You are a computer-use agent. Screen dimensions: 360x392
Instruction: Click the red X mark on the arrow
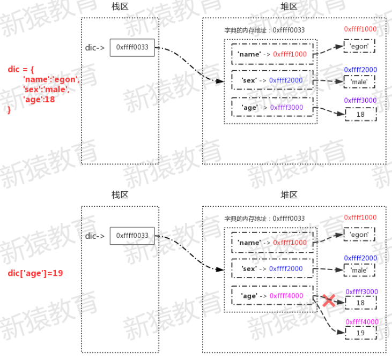pos(329,301)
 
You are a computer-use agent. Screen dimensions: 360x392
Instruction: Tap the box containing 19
pos(360,333)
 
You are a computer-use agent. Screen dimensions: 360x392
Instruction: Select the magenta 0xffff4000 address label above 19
pos(361,321)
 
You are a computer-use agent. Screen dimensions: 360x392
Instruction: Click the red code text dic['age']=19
pos(35,273)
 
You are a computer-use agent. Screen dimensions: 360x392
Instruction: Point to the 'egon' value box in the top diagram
pos(359,46)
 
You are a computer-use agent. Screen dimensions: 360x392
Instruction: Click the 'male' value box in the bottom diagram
pos(359,270)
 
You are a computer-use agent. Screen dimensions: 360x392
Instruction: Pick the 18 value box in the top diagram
pos(360,114)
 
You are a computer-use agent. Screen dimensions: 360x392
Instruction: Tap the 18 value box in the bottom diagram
pos(360,303)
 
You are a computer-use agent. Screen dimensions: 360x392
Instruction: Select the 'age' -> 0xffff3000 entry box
pos(272,107)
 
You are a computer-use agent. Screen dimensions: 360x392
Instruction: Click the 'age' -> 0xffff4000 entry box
pos(272,296)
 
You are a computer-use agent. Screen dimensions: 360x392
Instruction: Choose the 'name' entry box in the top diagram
pos(272,54)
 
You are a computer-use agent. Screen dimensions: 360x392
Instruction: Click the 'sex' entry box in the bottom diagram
pos(272,269)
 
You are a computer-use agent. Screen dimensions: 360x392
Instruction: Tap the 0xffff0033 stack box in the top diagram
pos(132,48)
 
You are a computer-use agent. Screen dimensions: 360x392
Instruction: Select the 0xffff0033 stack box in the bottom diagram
pos(132,236)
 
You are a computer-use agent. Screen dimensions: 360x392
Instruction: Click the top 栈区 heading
pos(120,6)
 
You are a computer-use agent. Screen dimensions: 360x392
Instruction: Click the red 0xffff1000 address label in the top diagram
pos(360,29)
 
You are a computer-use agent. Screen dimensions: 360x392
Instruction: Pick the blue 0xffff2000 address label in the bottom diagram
pos(360,258)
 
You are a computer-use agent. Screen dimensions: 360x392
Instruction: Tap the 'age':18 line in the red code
pos(39,99)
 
